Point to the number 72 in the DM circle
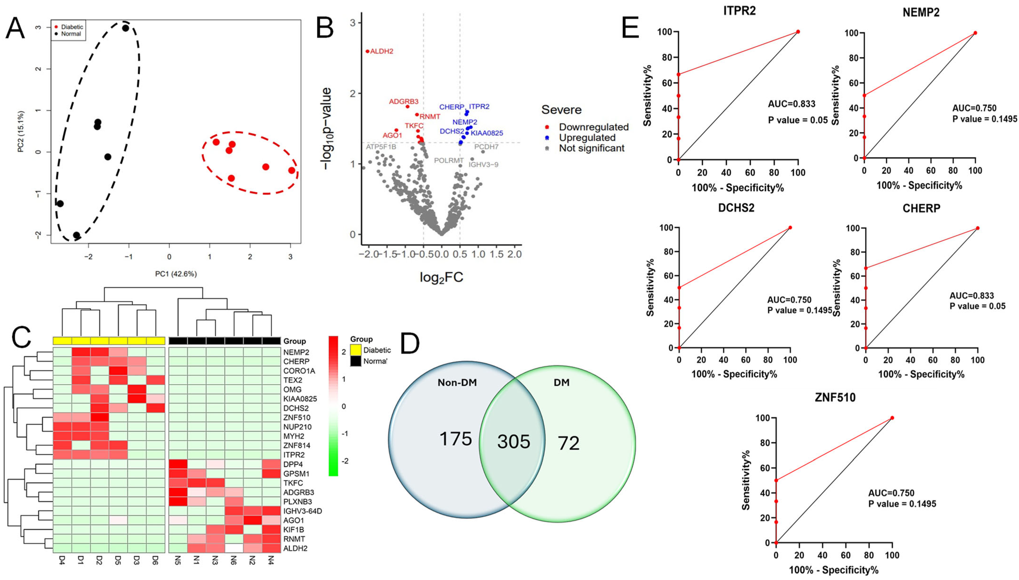pos(568,443)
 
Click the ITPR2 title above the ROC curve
pos(739,11)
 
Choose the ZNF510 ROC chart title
pos(835,398)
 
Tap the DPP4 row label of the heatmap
pos(293,464)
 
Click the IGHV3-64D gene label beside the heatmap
pos(302,511)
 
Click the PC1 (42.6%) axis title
pos(176,274)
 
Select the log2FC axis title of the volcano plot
pos(441,277)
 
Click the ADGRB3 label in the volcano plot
pos(403,102)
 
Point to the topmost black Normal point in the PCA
pos(126,28)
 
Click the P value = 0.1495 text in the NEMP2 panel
pos(984,119)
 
